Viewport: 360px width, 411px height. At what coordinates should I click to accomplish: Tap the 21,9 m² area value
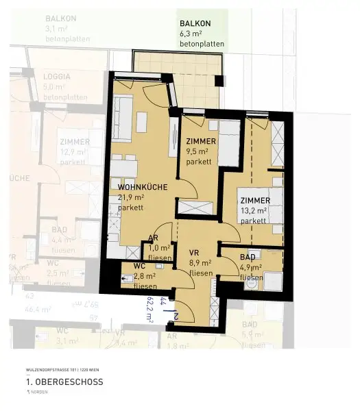click(x=130, y=197)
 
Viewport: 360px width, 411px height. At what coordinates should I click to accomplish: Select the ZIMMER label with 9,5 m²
click(x=201, y=141)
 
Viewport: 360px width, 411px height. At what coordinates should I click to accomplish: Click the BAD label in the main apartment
click(x=248, y=257)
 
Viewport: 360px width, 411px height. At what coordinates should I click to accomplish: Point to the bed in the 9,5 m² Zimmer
click(x=228, y=144)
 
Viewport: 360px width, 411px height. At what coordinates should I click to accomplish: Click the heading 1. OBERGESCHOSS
click(x=64, y=382)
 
